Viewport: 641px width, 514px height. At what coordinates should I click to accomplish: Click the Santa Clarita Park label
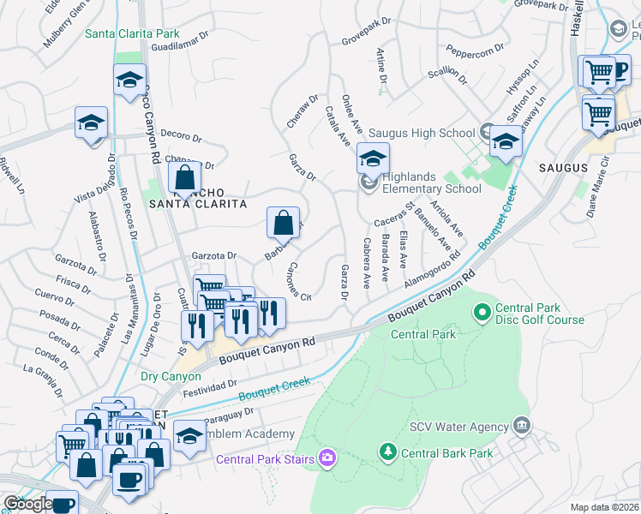[132, 34]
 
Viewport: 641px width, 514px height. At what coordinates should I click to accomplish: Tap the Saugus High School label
[422, 133]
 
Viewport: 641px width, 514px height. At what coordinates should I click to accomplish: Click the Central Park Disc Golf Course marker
[482, 312]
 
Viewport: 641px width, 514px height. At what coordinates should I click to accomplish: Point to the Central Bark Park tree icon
[387, 451]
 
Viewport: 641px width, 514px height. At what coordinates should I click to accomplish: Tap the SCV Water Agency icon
[521, 426]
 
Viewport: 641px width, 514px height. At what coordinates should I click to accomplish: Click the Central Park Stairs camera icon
[326, 459]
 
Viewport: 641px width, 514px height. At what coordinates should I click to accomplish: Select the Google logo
[28, 504]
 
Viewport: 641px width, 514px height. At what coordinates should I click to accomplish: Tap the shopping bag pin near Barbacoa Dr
[283, 224]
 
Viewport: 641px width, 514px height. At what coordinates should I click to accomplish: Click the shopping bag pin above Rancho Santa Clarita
[184, 178]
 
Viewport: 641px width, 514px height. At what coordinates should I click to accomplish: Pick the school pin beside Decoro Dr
[91, 122]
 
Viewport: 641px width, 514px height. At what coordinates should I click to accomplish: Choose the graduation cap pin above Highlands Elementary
[373, 158]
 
